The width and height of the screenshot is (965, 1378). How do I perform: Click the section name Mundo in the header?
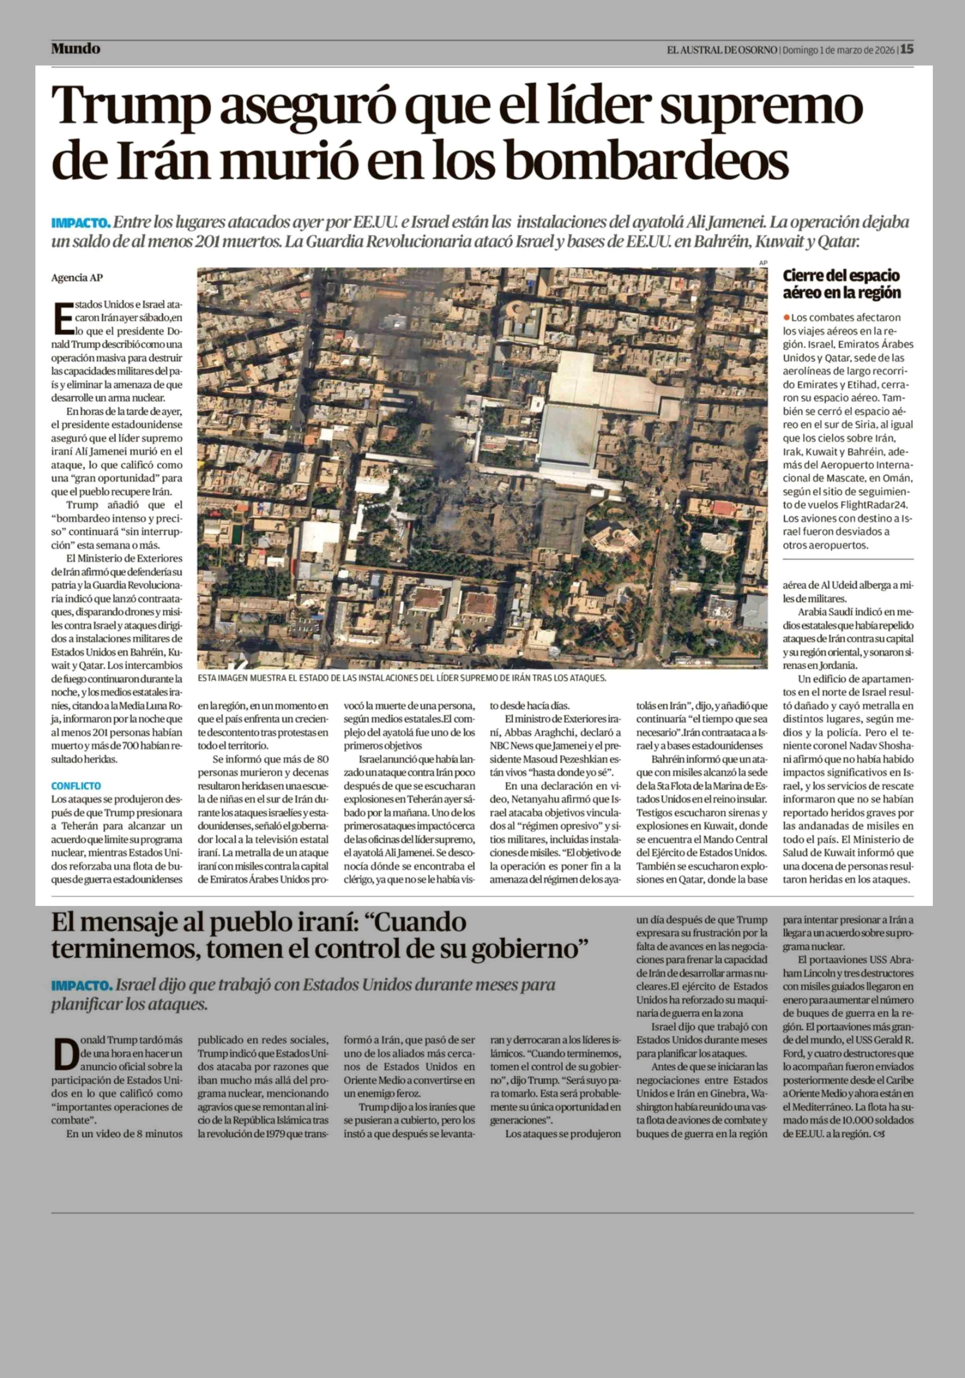pyautogui.click(x=76, y=49)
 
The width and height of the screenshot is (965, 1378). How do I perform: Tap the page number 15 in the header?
pyautogui.click(x=907, y=49)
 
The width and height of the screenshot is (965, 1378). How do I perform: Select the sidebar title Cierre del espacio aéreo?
pyautogui.click(x=841, y=284)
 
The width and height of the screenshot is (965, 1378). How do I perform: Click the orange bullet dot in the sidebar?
pyautogui.click(x=786, y=317)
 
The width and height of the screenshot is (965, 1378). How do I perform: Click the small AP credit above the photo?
pyautogui.click(x=763, y=263)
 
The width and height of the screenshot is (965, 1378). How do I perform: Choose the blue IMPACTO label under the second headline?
pyautogui.click(x=81, y=985)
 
